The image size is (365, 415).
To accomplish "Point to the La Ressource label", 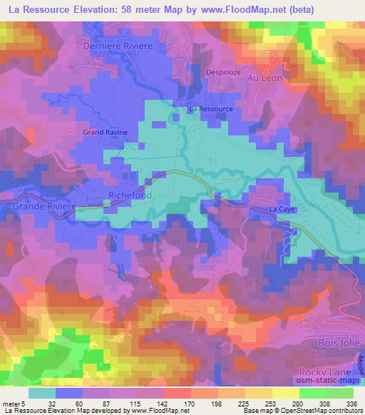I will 210,109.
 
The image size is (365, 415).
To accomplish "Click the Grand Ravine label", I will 104,133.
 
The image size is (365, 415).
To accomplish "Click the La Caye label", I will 282,210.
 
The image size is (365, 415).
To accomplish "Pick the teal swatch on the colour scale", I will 43,391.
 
